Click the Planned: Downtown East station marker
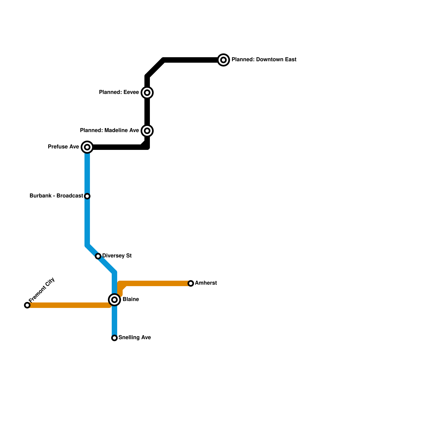coord(223,60)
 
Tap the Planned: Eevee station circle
coord(147,93)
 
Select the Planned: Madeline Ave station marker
coord(147,131)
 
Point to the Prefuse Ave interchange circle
coord(87,147)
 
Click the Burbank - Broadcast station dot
coord(87,196)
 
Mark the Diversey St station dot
coord(98,256)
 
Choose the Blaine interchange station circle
coord(114,300)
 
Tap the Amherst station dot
coord(191,283)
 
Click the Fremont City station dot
coord(27,305)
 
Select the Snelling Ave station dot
coord(114,338)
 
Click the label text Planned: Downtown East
coord(264,60)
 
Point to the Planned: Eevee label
coord(119,92)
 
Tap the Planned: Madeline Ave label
coord(109,131)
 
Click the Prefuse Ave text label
coord(63,147)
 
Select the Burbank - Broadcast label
coord(56,196)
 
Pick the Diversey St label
coord(117,256)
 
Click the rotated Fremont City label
coord(42,290)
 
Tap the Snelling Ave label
coord(135,338)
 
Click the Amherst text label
coord(206,283)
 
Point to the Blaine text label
coord(131,299)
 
